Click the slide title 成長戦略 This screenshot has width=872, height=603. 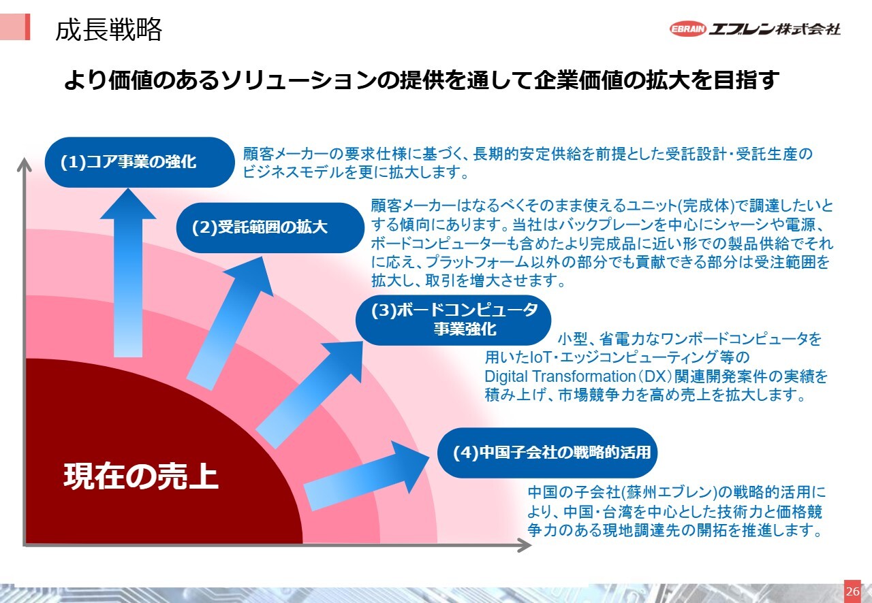108,30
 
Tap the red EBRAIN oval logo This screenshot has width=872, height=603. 688,29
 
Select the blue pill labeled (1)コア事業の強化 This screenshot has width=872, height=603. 140,162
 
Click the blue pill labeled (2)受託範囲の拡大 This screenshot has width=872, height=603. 270,227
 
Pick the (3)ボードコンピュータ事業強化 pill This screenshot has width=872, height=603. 453,320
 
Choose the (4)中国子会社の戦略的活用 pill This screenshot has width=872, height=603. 547,453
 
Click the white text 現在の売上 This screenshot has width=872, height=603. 140,476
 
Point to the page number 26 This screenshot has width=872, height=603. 852,591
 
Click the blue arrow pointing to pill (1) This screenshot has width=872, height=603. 128,272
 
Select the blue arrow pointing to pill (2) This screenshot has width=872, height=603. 230,323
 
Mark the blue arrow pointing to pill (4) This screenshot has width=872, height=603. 366,476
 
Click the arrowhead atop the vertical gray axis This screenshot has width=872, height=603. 24,164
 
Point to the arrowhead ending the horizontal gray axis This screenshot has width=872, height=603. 525,545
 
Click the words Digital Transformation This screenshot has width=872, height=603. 560,376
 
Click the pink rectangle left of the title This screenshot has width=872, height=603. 15,27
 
